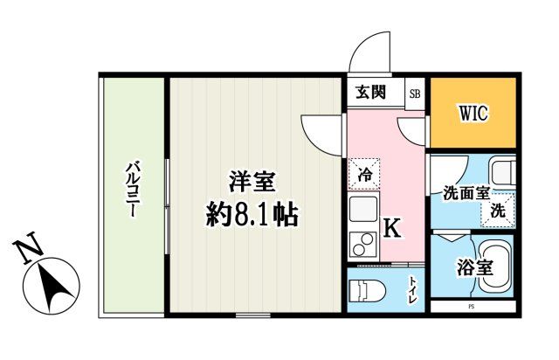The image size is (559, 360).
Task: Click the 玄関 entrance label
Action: (x=371, y=92)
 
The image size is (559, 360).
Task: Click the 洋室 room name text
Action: (x=252, y=182)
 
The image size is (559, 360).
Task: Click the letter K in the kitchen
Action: (x=392, y=229)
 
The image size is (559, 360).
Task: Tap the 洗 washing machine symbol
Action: (x=497, y=210)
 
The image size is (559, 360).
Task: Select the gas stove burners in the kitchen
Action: (x=362, y=246)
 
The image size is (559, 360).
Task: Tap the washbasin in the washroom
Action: (x=502, y=171)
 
